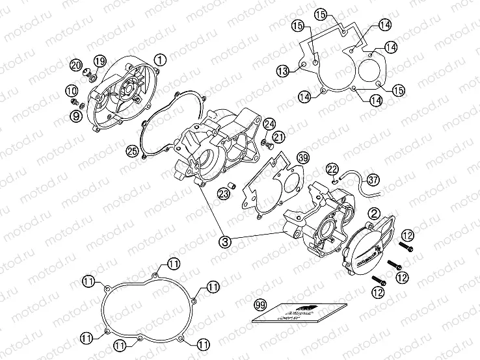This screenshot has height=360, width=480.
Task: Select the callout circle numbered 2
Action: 374,212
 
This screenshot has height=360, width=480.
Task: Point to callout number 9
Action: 76,116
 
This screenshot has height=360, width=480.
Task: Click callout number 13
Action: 282,71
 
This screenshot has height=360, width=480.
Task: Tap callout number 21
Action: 280,136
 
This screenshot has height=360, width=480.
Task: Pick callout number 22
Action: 332,170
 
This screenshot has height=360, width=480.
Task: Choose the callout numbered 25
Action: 133,151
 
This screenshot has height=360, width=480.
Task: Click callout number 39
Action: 303,159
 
